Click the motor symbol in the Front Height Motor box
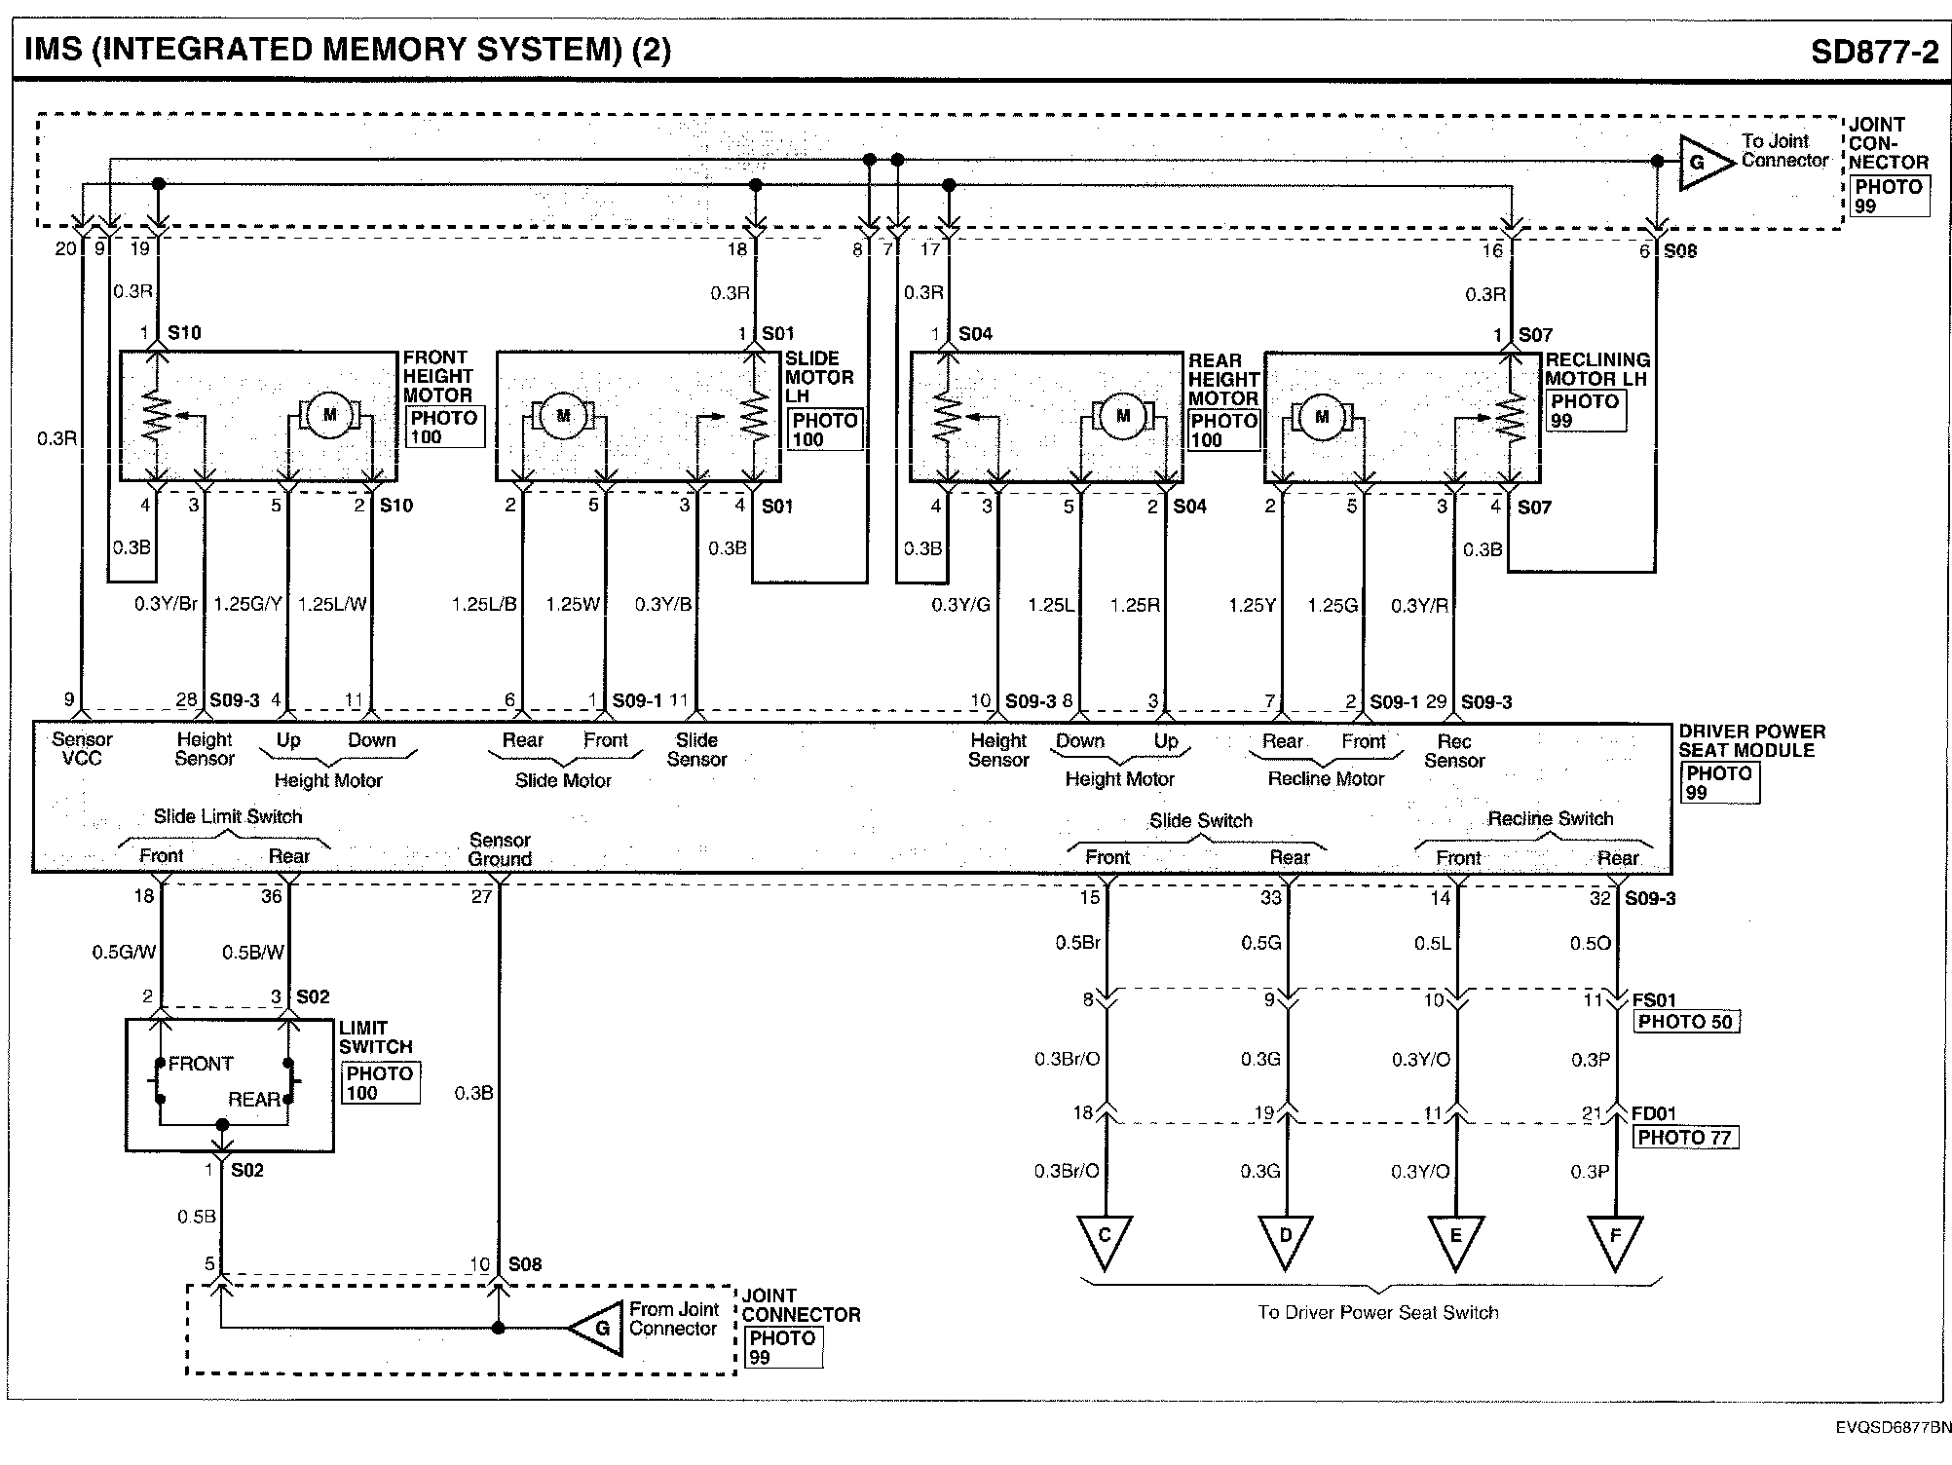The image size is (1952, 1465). [x=329, y=415]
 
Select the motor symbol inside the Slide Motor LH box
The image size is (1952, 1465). [x=563, y=416]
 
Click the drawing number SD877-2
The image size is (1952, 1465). [x=1874, y=51]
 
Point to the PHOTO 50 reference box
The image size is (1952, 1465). [x=1685, y=1022]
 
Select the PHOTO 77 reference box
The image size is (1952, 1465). [x=1685, y=1137]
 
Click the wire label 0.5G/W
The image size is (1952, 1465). [x=124, y=953]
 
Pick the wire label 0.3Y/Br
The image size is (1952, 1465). [x=166, y=604]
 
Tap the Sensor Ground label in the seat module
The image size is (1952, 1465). [x=500, y=849]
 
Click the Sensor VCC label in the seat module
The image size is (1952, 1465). [x=82, y=749]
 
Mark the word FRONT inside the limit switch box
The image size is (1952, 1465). [x=201, y=1064]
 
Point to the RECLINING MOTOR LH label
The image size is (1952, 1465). [x=1596, y=369]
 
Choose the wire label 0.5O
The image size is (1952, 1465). [x=1590, y=943]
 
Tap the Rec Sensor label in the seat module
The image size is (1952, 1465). [x=1453, y=751]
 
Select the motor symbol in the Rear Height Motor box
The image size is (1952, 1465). [x=1123, y=416]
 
